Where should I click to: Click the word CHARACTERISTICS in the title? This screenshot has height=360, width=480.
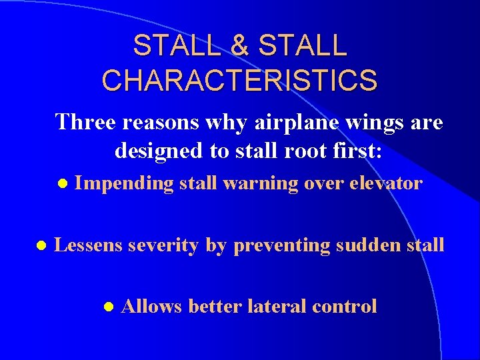pyautogui.click(x=239, y=79)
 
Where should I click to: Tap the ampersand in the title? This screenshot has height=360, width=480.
pyautogui.click(x=239, y=46)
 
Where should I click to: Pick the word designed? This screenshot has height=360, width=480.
pyautogui.click(x=159, y=152)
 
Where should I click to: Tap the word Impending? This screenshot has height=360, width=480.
pyautogui.click(x=124, y=183)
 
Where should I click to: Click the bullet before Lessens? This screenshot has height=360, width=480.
pyautogui.click(x=41, y=245)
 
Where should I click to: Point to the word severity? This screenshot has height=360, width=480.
pyautogui.click(x=164, y=245)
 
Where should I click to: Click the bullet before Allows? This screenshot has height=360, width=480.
pyautogui.click(x=109, y=307)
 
